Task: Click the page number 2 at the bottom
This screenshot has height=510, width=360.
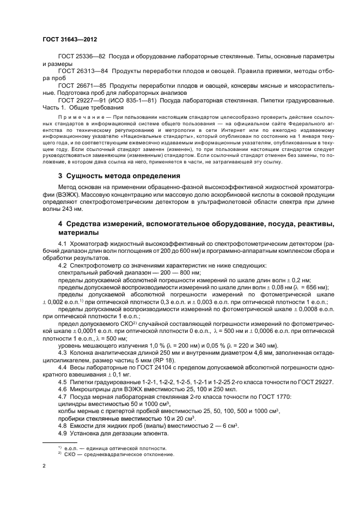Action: pos(44,466)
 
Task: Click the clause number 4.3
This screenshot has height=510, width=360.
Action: pos(63,354)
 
